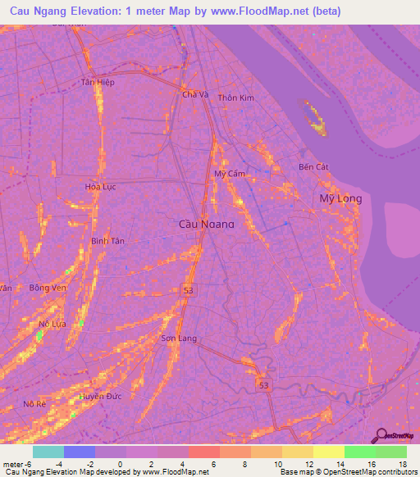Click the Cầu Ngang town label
[x=206, y=224]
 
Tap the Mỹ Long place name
[x=340, y=199]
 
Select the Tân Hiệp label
[x=98, y=83]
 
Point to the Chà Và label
[x=195, y=94]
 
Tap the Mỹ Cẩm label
[x=230, y=175]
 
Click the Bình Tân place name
[x=107, y=241]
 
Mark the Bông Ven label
[x=46, y=288]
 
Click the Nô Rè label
[x=34, y=404]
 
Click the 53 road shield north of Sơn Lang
[x=188, y=288]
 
